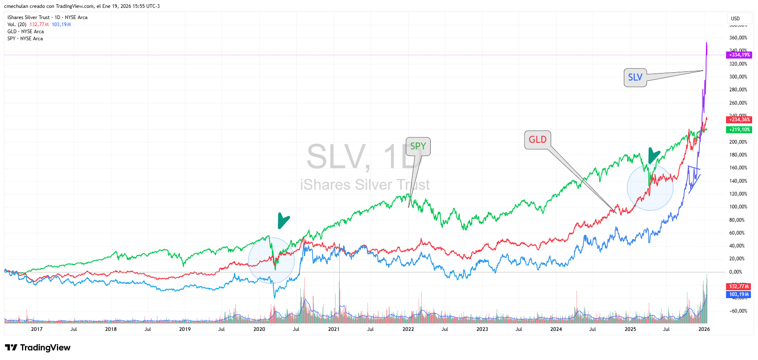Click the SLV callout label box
[635, 78]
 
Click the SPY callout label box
[418, 147]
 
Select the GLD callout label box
[537, 140]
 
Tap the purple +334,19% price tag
[739, 55]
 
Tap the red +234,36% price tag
[739, 120]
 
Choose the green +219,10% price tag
[739, 130]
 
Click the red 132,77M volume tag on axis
[739, 287]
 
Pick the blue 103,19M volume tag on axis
[739, 294]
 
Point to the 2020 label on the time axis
[259, 329]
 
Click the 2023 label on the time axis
[482, 329]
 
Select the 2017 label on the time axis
[37, 329]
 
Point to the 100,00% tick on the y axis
[738, 207]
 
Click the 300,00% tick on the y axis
[738, 77]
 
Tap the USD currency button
[736, 19]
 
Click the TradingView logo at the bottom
[38, 348]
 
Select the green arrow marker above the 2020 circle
[283, 220]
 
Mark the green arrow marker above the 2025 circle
[653, 155]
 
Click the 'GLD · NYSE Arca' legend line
[25, 32]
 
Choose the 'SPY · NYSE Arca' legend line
[25, 39]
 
